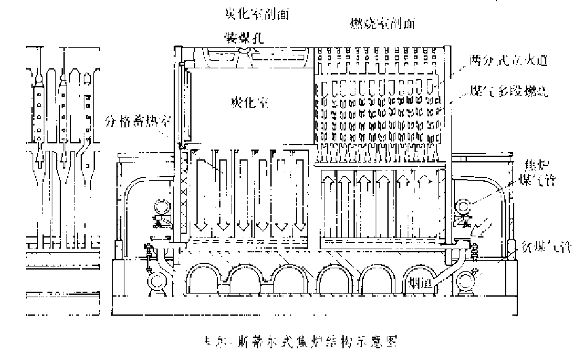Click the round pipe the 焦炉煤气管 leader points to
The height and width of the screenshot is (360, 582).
463,206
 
